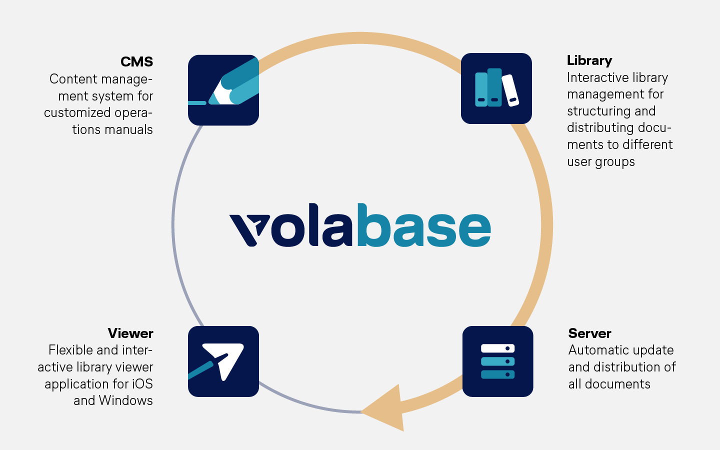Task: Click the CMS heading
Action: click(x=136, y=62)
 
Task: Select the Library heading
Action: click(x=589, y=60)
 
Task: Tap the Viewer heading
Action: click(x=130, y=333)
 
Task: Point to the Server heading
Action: click(x=589, y=333)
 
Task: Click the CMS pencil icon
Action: click(x=223, y=90)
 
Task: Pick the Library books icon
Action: click(x=496, y=88)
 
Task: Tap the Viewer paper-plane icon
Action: click(x=223, y=361)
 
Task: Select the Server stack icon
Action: click(x=497, y=361)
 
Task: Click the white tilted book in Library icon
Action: click(x=510, y=90)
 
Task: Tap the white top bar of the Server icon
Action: click(x=497, y=348)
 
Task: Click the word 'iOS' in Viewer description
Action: click(x=142, y=384)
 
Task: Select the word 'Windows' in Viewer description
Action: click(x=126, y=400)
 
